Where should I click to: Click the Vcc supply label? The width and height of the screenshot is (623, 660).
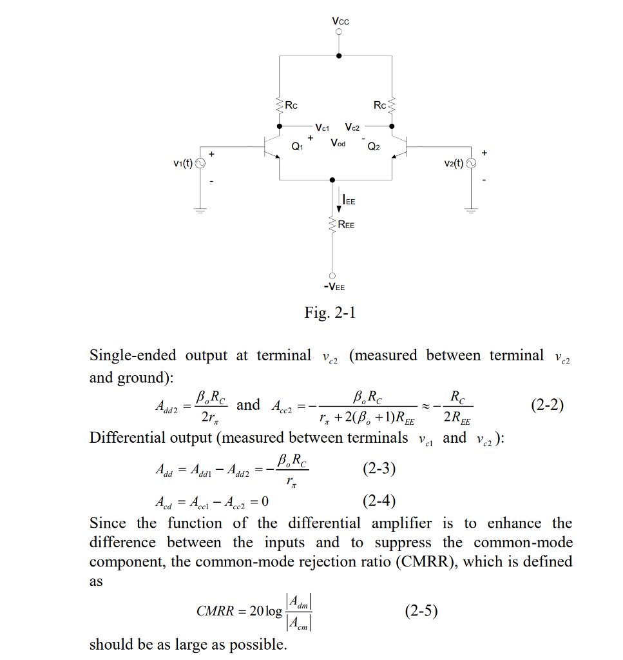[340, 21]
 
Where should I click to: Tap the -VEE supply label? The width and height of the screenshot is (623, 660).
[334, 287]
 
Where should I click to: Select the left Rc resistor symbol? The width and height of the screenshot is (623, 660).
[280, 104]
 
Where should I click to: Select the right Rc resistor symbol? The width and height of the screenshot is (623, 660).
[392, 104]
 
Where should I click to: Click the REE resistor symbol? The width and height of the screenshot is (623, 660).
[332, 225]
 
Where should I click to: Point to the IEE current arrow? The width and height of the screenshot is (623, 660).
[339, 201]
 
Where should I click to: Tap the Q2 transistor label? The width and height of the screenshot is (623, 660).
[374, 147]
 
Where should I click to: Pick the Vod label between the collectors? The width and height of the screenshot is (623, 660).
[338, 142]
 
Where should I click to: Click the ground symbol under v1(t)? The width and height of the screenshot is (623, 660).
[200, 209]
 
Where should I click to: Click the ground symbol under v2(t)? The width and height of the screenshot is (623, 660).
[471, 209]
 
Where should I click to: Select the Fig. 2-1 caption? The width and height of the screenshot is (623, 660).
[330, 313]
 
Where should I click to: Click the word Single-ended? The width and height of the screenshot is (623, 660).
[136, 355]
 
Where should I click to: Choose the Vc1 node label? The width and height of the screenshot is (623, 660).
[323, 127]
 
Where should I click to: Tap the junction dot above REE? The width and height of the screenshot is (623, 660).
[332, 180]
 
